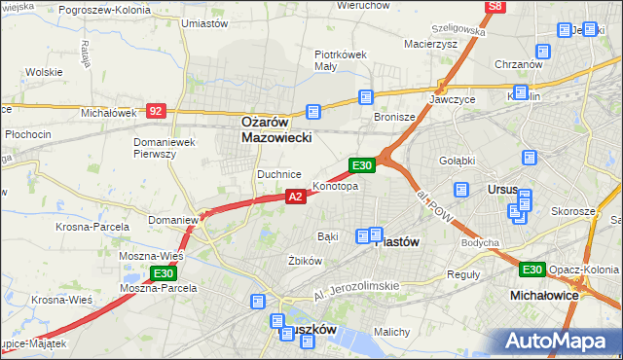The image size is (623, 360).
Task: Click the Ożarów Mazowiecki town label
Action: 276,130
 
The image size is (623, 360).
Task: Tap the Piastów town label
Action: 396,243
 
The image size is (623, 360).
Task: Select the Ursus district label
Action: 502,189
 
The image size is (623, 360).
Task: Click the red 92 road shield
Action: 157,111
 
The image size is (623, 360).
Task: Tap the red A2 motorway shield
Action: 297,197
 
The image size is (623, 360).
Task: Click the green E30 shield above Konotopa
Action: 363,165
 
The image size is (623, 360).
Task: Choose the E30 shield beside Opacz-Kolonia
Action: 531,270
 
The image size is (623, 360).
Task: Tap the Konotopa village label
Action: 335,186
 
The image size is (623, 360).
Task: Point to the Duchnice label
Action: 276,173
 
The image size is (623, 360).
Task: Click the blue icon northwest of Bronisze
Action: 365,97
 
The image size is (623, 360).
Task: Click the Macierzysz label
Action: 431,43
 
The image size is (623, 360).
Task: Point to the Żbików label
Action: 305,261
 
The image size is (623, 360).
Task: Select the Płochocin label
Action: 27,133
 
